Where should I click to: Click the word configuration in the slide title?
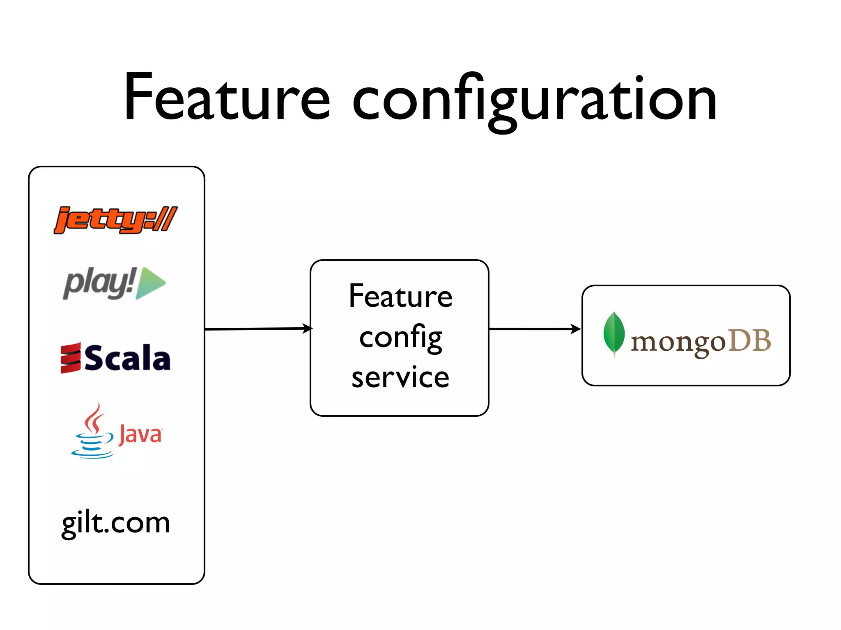pyautogui.click(x=534, y=100)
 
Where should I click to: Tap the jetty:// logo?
pyautogui.click(x=116, y=220)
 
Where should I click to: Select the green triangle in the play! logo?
pyautogui.click(x=149, y=283)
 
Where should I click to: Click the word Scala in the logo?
pyautogui.click(x=127, y=358)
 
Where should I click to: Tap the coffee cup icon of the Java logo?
pyautogui.click(x=93, y=445)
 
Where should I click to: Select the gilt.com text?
pyautogui.click(x=116, y=523)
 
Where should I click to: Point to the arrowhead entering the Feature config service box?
pyautogui.click(x=308, y=329)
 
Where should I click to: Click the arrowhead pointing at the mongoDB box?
pyautogui.click(x=576, y=329)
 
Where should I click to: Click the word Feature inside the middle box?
pyautogui.click(x=400, y=296)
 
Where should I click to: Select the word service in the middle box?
pyautogui.click(x=400, y=377)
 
